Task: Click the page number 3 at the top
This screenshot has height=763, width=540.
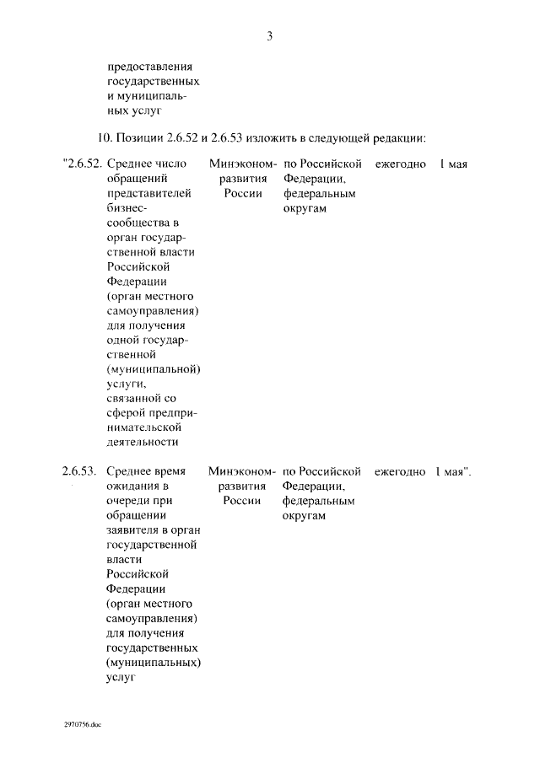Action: (269, 36)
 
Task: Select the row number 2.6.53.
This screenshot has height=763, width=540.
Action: (80, 471)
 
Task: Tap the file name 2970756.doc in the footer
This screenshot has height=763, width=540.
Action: (82, 723)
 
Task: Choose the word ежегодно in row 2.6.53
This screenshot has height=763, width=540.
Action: (400, 471)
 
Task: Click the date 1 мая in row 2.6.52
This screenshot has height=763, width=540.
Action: (453, 164)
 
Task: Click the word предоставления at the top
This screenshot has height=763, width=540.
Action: (151, 67)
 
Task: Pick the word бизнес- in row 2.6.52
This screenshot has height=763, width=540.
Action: (128, 208)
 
